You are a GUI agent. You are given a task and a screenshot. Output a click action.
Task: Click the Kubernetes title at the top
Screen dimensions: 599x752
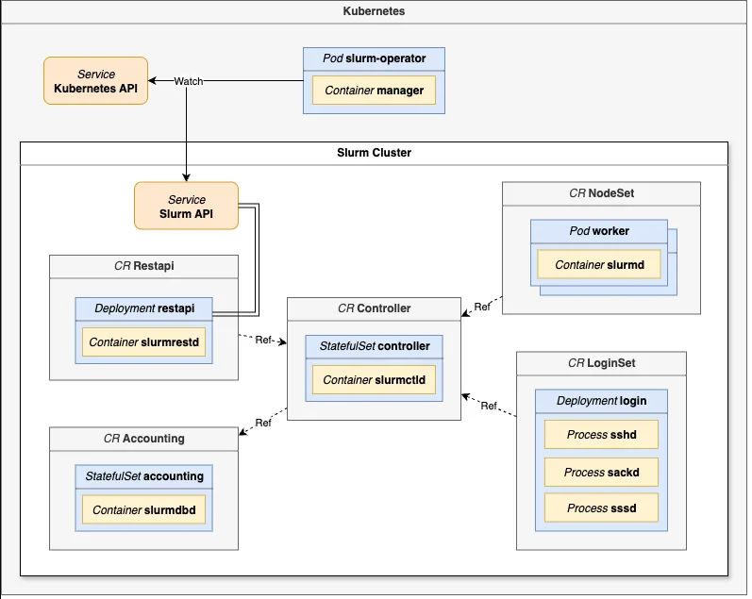point(375,12)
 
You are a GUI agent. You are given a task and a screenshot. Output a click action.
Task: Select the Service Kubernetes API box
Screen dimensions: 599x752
point(95,80)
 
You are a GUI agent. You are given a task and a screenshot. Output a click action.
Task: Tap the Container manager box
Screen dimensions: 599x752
point(374,92)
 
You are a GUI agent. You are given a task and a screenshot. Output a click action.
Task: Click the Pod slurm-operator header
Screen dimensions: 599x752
point(374,58)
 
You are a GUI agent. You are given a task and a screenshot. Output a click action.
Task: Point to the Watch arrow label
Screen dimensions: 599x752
point(188,81)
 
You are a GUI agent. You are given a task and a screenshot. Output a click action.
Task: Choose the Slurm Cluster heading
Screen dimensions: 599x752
point(374,152)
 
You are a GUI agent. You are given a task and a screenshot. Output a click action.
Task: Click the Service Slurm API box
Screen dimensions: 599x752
point(186,207)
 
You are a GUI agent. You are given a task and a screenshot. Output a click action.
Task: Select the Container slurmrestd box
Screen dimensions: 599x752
point(143,341)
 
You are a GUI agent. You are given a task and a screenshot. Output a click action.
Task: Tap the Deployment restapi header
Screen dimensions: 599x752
point(143,308)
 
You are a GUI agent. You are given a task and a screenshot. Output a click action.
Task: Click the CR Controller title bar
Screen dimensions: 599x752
point(374,308)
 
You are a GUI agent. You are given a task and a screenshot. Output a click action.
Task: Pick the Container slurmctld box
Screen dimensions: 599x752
point(374,379)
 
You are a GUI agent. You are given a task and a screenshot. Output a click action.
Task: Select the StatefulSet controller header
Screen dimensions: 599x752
point(374,346)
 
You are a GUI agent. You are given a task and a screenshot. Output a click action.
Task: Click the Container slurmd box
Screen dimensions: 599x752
point(599,265)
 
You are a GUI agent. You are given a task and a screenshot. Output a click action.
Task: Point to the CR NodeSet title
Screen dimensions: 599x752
point(601,193)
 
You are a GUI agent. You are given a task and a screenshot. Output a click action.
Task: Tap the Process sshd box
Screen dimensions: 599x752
point(601,435)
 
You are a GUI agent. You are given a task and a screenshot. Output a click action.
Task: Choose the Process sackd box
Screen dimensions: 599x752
point(601,472)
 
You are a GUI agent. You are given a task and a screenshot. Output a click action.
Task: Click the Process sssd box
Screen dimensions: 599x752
point(601,508)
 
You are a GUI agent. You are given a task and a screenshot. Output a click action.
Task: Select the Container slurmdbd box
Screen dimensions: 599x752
point(143,510)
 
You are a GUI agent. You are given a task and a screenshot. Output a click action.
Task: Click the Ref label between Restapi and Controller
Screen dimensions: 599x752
point(264,340)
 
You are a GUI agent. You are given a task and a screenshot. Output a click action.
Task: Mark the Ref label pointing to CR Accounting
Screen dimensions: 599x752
point(263,423)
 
